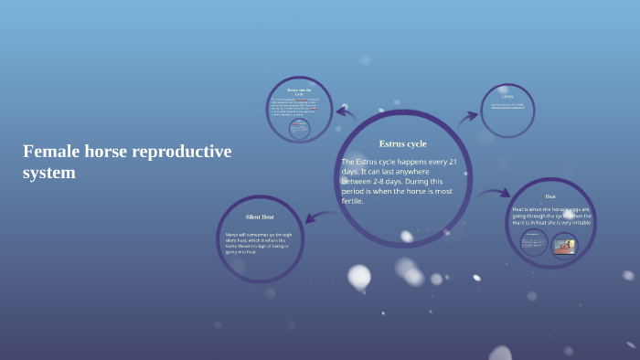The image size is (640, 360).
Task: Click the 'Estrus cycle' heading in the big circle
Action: pos(402,143)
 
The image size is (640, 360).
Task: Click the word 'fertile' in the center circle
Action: pos(352,201)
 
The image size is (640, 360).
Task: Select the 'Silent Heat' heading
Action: pos(260,217)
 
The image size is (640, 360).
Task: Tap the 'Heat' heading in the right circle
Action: pos(550,196)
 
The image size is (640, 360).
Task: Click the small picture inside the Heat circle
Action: pos(564,245)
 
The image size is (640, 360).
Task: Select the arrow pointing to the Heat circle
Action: pos(495,193)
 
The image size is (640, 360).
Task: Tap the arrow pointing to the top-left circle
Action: pos(346,113)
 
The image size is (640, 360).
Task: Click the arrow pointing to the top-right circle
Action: pos(467,116)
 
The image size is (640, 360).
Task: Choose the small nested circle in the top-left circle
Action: pos(299,128)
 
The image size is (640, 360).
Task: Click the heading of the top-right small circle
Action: pos(507,96)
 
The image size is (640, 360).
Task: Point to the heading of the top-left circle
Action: pos(299,91)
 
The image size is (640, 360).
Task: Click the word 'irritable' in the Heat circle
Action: pos(581,222)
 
